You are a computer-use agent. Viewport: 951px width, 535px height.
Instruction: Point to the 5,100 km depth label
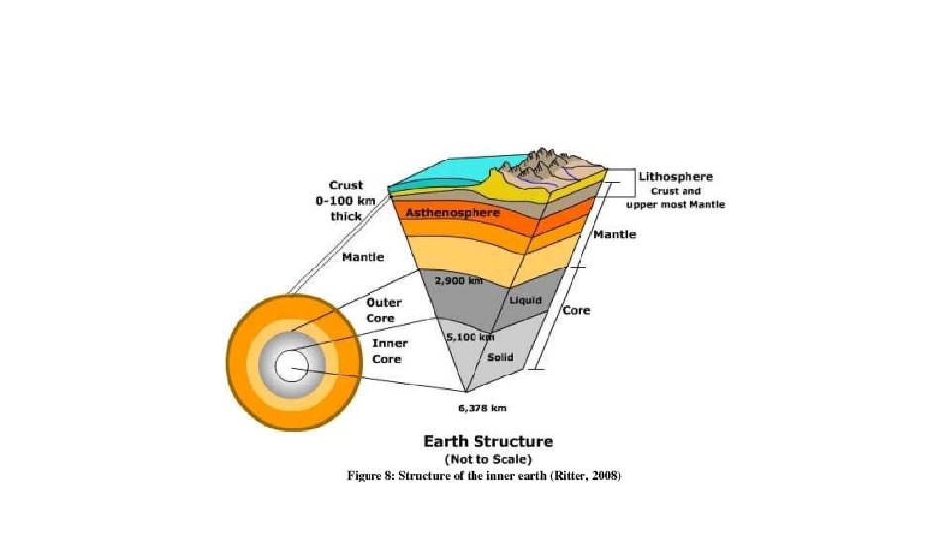pos(471,337)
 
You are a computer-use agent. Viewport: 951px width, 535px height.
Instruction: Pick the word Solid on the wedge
pos(500,357)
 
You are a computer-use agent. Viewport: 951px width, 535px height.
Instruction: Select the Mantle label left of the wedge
pos(363,257)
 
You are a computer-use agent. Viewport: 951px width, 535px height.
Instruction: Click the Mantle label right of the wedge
pos(614,235)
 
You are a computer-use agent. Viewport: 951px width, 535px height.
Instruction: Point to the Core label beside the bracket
pos(577,310)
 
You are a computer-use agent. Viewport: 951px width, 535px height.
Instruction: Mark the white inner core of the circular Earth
pos(292,369)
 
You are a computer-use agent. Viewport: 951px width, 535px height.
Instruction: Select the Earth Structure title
pos(487,441)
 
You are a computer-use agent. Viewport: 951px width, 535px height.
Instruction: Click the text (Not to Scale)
pos(487,459)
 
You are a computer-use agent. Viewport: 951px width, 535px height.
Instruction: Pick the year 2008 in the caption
pos(604,476)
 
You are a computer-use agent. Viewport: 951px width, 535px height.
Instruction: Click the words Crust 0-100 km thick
pos(346,200)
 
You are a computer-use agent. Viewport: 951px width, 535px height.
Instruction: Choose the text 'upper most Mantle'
pos(675,204)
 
